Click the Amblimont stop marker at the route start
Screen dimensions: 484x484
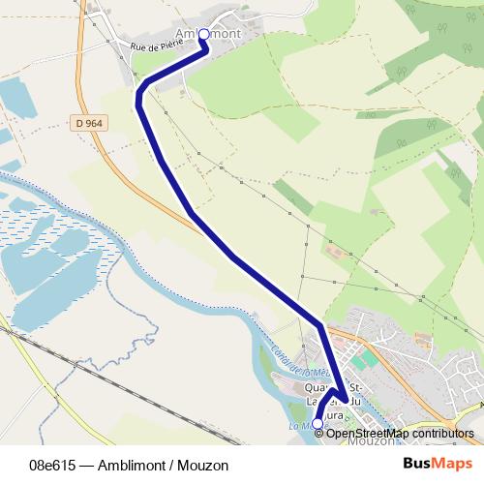click(x=203, y=34)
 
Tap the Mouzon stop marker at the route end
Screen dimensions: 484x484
click(x=318, y=423)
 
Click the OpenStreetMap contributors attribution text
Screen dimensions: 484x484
click(x=400, y=434)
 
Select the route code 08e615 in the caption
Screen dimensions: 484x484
click(x=53, y=465)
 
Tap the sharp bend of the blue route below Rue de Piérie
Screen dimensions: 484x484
click(x=140, y=94)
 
